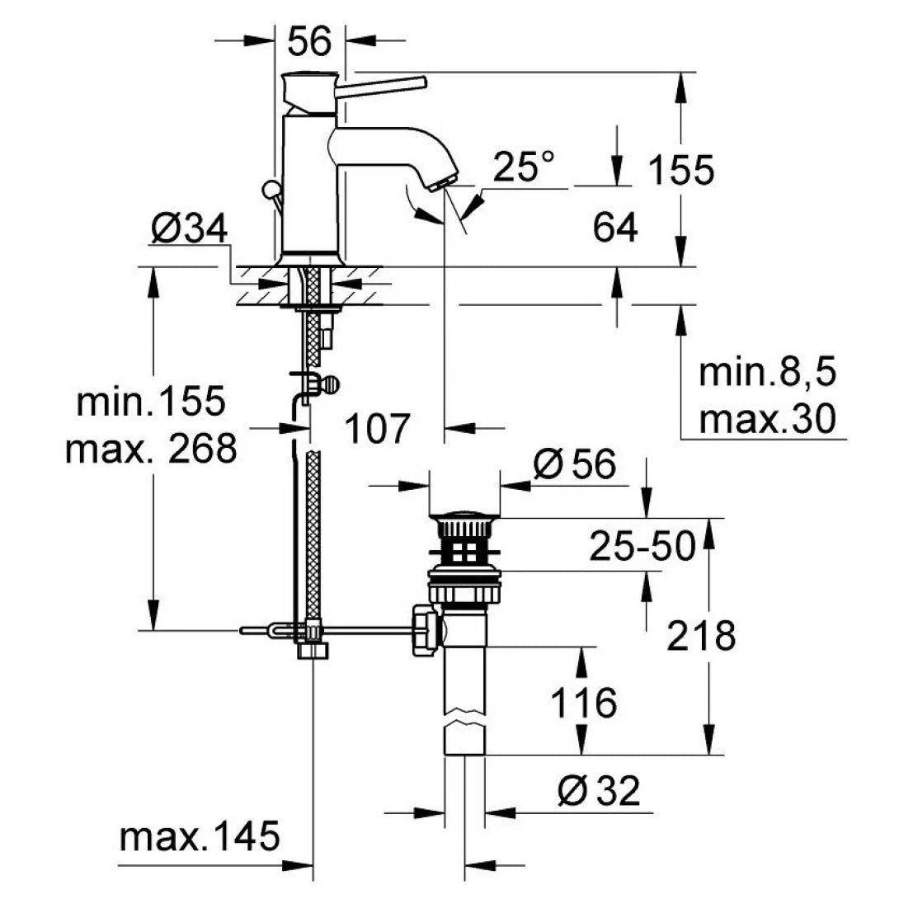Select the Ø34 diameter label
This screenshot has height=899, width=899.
pos(189,229)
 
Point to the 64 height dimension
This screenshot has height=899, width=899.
pos(615,228)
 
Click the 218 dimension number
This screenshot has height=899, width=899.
pos(701,636)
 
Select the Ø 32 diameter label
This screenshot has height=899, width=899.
pos(598,793)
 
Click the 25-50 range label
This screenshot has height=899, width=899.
pos(642,546)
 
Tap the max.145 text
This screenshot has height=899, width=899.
pos(199,838)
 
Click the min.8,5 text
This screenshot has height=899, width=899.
pos(768,374)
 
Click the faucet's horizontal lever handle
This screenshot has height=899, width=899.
pos(384,83)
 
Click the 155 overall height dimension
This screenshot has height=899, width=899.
pos(680,171)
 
